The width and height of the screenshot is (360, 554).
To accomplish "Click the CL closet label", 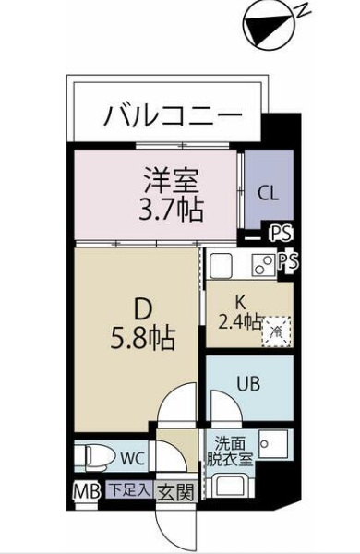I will pyautogui.click(x=268, y=193).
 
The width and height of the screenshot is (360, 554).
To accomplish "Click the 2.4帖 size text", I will pyautogui.click(x=237, y=322).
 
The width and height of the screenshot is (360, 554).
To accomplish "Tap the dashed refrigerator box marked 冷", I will pyautogui.click(x=276, y=328).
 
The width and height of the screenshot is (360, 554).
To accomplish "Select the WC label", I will pyautogui.click(x=131, y=456).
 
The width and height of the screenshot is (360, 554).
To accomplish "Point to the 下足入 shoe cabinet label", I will pyautogui.click(x=129, y=490).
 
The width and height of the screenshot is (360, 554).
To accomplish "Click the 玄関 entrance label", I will pyautogui.click(x=174, y=491).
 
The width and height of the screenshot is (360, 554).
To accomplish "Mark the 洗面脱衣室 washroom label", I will pyautogui.click(x=229, y=449).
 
